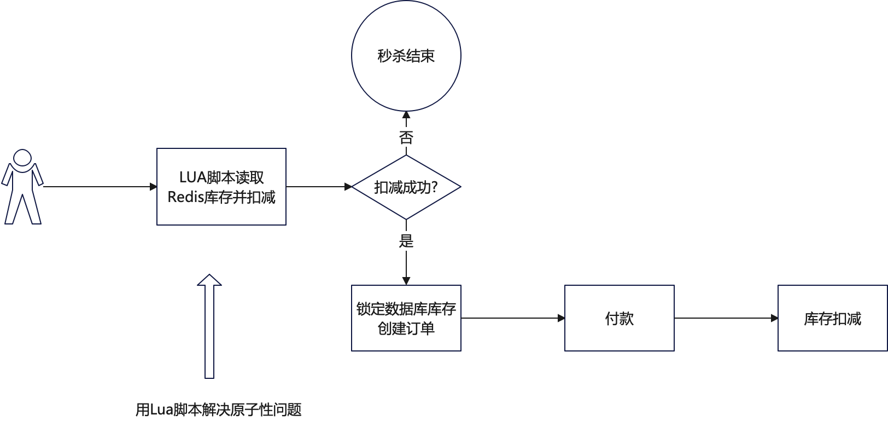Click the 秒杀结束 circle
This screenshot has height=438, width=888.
(406, 56)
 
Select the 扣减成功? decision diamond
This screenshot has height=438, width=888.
(406, 187)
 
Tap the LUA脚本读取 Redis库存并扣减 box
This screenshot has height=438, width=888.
(221, 187)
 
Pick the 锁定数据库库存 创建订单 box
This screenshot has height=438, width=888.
(406, 318)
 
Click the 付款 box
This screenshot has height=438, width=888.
(619, 318)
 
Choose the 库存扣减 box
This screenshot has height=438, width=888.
(832, 318)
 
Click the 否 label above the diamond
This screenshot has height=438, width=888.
(406, 137)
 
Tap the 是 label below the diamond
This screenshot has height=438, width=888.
(406, 240)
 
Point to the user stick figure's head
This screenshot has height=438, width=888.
(22, 158)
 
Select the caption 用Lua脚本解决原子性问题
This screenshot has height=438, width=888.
(218, 410)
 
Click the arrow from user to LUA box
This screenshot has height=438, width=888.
(98, 187)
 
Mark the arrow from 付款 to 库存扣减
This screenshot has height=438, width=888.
(726, 318)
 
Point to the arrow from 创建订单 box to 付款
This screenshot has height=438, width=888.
(512, 318)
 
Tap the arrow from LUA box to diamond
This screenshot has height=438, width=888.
(319, 187)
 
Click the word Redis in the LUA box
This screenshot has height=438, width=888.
(185, 197)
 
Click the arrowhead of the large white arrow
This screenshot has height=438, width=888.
(209, 280)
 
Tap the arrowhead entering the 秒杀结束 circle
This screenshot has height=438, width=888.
(406, 116)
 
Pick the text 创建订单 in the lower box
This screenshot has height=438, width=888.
(406, 328)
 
